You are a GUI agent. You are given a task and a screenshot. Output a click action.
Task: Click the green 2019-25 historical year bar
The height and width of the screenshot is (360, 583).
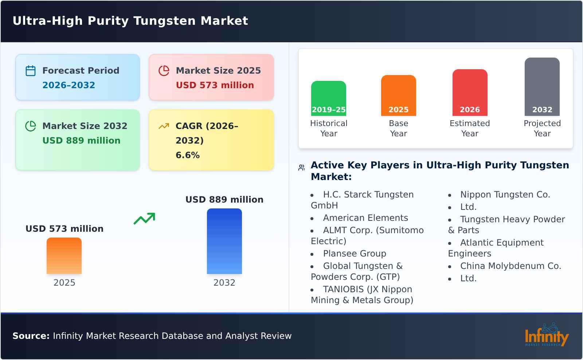click(x=328, y=98)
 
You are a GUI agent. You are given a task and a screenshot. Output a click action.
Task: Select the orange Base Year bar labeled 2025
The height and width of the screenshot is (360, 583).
click(x=398, y=95)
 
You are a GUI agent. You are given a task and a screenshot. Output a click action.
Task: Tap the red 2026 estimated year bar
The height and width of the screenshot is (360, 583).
click(x=470, y=92)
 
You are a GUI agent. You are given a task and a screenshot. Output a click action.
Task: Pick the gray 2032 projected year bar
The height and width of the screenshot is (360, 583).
click(x=542, y=86)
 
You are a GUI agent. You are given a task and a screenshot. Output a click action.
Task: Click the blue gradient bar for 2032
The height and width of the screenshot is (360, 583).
click(x=224, y=241)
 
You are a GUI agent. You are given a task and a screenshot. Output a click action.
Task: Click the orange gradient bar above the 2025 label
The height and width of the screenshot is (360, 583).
click(x=64, y=255)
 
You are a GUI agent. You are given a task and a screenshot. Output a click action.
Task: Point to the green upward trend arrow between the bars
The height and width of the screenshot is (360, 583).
click(x=144, y=218)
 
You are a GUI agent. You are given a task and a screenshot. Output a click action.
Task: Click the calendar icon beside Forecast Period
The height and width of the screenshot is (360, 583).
click(x=31, y=71)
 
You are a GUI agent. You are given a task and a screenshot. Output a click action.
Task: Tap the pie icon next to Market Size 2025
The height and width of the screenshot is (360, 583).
click(x=164, y=71)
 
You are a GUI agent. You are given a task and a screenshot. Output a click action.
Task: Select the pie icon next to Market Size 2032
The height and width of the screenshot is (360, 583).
click(x=31, y=126)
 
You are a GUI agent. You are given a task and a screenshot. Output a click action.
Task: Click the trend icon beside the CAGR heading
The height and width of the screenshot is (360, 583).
click(x=164, y=126)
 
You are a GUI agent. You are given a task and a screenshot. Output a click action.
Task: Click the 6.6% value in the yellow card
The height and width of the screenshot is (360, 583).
click(x=187, y=155)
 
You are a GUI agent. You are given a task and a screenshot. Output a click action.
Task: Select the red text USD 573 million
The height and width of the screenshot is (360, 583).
click(x=215, y=85)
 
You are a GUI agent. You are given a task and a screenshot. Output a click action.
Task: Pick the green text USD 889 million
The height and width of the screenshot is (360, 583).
click(x=81, y=141)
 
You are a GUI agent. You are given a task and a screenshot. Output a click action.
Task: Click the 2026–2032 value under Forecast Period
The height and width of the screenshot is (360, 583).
click(x=69, y=85)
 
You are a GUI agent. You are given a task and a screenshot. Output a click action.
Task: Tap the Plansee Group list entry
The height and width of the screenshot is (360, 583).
click(x=354, y=254)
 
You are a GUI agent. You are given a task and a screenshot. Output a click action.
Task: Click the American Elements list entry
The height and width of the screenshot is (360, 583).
click(x=365, y=218)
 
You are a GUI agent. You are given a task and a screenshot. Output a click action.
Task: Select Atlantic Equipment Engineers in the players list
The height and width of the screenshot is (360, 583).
click(x=496, y=248)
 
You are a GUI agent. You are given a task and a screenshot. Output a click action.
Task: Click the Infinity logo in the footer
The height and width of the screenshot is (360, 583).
click(x=546, y=335)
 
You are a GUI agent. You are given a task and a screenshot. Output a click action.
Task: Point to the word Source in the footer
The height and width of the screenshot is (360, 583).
click(x=31, y=336)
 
